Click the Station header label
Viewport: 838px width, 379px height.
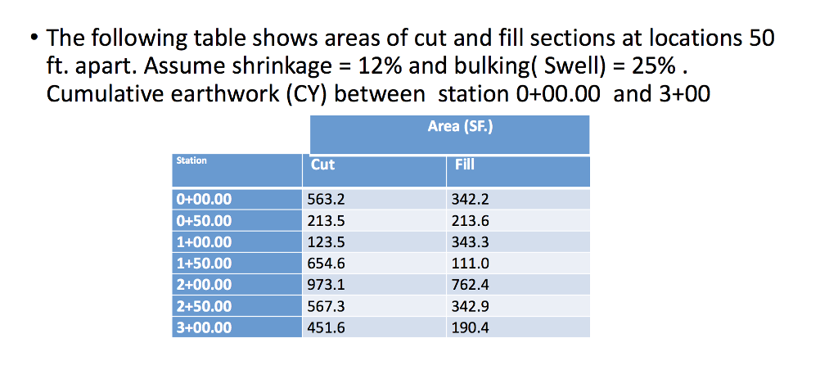(x=191, y=160)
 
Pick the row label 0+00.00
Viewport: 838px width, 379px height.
(x=204, y=199)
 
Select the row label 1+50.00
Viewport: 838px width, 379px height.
(x=204, y=264)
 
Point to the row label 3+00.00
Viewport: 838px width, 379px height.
(x=204, y=327)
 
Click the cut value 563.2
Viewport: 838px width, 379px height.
(x=327, y=199)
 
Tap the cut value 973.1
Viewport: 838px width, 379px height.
(x=327, y=285)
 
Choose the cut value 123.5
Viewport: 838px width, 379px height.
(x=327, y=241)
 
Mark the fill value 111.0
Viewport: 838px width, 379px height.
(x=471, y=264)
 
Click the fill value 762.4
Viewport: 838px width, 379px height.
(x=471, y=285)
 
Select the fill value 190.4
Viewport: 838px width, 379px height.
(x=471, y=327)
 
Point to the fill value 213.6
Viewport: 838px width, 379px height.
(x=471, y=220)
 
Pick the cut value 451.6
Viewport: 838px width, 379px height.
(x=327, y=327)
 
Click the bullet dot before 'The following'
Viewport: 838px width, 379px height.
(x=31, y=39)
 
